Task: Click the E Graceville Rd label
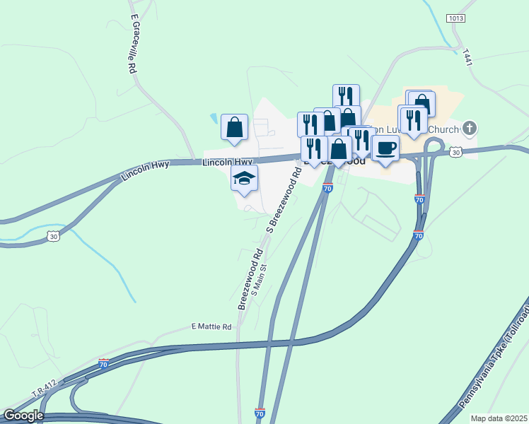click(132, 43)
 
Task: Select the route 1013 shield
click(455, 18)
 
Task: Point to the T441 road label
click(466, 57)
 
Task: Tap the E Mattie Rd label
click(211, 327)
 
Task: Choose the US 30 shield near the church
click(455, 152)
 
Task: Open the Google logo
click(23, 416)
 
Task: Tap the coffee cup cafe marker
click(385, 148)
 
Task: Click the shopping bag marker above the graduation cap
click(235, 127)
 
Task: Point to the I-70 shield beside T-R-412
click(103, 364)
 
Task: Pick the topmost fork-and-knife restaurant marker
click(346, 97)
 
